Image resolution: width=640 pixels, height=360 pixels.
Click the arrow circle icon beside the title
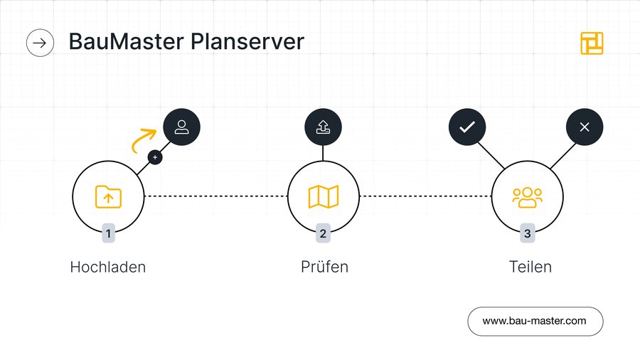(x=40, y=43)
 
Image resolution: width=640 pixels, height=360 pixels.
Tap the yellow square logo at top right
(x=592, y=43)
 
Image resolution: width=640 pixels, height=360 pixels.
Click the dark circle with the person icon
(x=182, y=127)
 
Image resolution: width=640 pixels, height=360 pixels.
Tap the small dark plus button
(x=154, y=157)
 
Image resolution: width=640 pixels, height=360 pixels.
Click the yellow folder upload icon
(x=108, y=196)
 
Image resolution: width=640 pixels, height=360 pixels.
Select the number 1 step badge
(x=109, y=233)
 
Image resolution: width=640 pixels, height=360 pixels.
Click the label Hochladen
(x=108, y=268)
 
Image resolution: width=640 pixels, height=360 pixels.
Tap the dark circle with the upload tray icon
(x=323, y=127)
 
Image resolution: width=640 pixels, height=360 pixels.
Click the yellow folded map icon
(x=323, y=196)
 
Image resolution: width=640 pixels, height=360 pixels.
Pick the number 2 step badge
(x=323, y=233)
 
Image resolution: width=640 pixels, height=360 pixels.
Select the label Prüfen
(x=324, y=268)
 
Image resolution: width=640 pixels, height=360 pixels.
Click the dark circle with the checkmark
(x=466, y=127)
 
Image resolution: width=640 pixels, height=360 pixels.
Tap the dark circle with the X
(x=584, y=127)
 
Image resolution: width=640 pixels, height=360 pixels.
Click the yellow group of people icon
(x=527, y=196)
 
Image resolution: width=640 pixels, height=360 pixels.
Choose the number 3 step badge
(x=527, y=233)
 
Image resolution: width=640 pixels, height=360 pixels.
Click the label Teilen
(x=530, y=268)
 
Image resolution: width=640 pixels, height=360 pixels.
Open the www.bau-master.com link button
(x=535, y=321)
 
